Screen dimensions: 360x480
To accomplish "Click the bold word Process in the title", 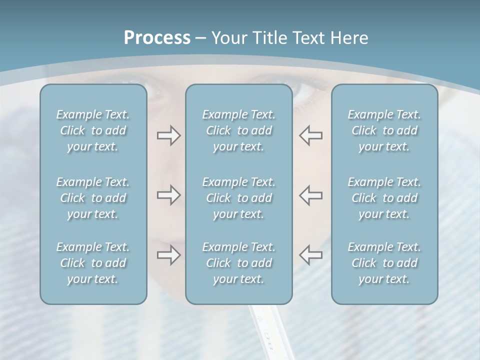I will (x=157, y=38).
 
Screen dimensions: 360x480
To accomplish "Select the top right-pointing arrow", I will (x=168, y=135).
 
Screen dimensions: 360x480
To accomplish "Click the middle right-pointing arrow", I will (x=168, y=195).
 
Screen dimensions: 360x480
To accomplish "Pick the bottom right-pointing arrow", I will (x=168, y=255).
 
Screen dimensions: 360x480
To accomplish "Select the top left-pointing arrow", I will (x=311, y=135).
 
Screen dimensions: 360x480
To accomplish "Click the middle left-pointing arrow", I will (x=311, y=195).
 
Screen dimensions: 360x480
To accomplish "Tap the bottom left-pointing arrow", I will (x=311, y=255).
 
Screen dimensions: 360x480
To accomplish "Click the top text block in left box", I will (x=93, y=130).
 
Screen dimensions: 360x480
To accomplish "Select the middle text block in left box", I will (x=93, y=198).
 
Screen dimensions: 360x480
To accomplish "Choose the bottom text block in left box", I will (x=93, y=263).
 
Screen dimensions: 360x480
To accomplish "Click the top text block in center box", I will (x=239, y=130).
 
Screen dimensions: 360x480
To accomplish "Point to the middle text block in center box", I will (x=239, y=198).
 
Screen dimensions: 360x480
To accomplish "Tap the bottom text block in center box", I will (x=239, y=263).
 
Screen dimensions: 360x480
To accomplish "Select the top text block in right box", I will (x=384, y=130).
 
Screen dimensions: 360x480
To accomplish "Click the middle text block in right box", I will (x=384, y=198).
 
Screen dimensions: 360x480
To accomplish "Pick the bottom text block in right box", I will (x=384, y=263).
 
